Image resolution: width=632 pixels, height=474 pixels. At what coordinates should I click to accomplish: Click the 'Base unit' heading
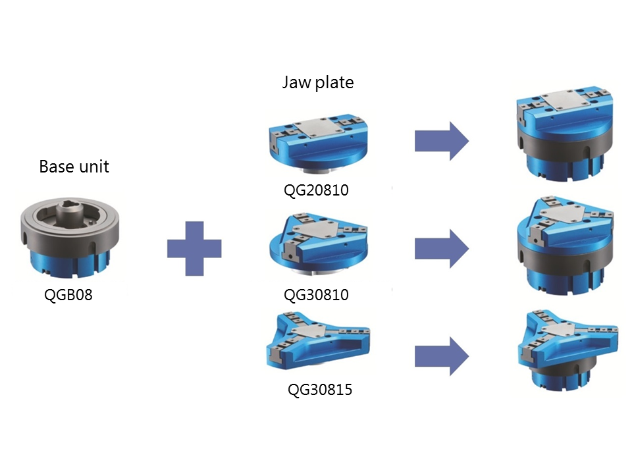coord(74,167)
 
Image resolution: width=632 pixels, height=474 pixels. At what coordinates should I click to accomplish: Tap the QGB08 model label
coord(68,295)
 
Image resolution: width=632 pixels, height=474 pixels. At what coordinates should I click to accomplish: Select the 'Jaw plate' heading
coord(318,83)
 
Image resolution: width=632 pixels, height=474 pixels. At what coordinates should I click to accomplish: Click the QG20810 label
coord(317,190)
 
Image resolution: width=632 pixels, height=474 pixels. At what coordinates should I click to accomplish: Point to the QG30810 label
coord(317,295)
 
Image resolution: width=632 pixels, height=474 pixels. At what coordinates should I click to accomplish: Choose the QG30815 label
coord(320,389)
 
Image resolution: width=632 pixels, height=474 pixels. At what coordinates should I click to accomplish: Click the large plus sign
coord(194,249)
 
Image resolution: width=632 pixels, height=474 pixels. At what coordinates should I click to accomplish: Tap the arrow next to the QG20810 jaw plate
coord(442,142)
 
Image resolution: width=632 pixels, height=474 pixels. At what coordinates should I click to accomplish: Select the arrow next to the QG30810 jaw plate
coord(442,249)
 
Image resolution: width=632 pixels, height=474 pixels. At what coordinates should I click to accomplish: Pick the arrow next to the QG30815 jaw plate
coord(442,356)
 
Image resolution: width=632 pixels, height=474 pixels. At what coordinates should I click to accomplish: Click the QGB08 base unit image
coord(70,238)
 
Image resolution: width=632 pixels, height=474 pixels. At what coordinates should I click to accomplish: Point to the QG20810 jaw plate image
coord(318,144)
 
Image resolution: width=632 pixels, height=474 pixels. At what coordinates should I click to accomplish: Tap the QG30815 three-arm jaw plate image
coord(318,340)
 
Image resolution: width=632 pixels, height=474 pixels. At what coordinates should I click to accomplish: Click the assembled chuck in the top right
coord(565,134)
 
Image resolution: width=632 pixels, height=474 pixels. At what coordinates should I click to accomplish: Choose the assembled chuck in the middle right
coord(565,246)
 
